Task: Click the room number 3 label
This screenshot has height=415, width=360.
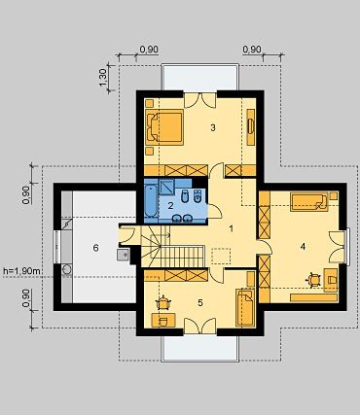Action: click(213, 127)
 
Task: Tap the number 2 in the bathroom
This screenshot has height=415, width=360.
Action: click(171, 205)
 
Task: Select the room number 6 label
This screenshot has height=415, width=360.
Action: click(95, 248)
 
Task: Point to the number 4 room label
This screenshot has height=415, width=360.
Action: click(303, 247)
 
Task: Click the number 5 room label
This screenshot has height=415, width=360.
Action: click(200, 303)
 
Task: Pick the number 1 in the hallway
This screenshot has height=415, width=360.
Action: click(231, 228)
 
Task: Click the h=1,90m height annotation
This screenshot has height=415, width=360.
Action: click(22, 271)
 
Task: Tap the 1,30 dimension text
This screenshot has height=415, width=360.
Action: click(103, 78)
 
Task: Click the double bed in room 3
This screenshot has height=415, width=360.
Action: click(164, 126)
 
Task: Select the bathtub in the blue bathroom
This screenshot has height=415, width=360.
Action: click(151, 201)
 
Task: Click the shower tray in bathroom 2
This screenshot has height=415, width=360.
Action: click(166, 188)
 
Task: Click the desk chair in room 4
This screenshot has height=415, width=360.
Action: click(313, 280)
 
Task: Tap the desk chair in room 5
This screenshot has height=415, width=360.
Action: click(163, 303)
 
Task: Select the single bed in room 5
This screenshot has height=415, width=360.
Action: click(245, 307)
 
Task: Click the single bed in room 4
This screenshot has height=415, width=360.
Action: click(309, 202)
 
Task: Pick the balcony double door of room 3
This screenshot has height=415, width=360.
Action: click(200, 100)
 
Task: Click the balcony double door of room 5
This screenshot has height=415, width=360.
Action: click(200, 326)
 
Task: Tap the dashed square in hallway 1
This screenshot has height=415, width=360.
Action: click(221, 256)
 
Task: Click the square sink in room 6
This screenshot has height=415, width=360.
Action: click(123, 255)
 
